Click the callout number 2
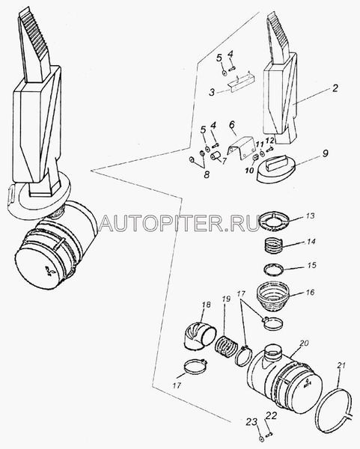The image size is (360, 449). [x=335, y=88]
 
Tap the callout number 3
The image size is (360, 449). [x=212, y=93]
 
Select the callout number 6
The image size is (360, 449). [x=232, y=124]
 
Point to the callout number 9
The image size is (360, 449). [x=325, y=153]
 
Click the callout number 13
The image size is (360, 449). [x=310, y=216]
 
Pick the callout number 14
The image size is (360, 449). [x=311, y=242]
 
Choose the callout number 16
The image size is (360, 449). [x=310, y=292]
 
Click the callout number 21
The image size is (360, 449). [x=341, y=365]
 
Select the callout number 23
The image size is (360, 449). [x=251, y=422]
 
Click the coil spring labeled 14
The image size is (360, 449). [x=272, y=246]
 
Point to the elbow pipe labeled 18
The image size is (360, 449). [x=199, y=335]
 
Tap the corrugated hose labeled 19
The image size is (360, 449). [x=226, y=347]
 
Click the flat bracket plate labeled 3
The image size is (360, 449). [x=242, y=85]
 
